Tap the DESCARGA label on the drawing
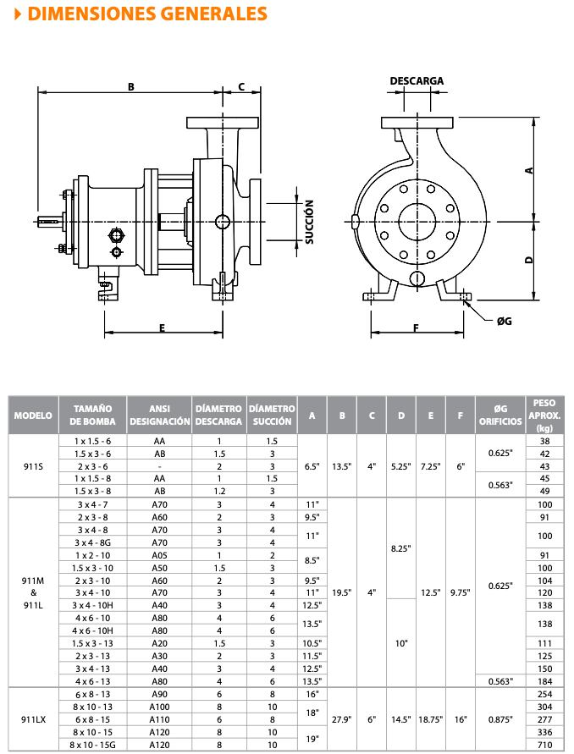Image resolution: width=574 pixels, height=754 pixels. (x=417, y=81)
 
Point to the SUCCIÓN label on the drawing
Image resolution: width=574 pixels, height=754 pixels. (x=310, y=222)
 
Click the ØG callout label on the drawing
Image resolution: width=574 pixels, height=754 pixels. (x=505, y=321)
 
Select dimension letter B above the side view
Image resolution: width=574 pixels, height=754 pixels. (x=131, y=86)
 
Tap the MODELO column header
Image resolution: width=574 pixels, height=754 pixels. (x=33, y=416)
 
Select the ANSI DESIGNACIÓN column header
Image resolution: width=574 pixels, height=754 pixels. (x=159, y=415)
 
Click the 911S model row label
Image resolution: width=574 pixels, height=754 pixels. (x=33, y=466)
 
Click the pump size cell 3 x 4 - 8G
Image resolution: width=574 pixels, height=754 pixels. (x=92, y=542)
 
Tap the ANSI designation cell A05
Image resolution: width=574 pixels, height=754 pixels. (x=159, y=555)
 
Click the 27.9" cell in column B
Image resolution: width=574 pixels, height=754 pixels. (x=342, y=718)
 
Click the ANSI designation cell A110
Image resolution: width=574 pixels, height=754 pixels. (x=159, y=718)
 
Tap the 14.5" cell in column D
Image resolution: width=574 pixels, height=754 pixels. (x=401, y=718)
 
